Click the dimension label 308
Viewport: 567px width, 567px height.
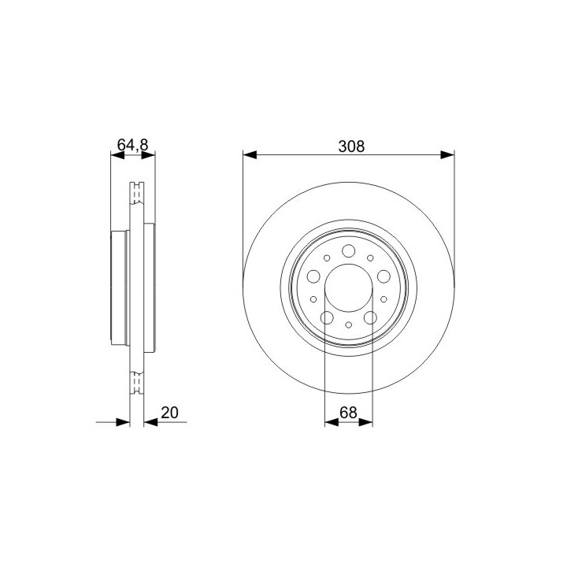[351, 146]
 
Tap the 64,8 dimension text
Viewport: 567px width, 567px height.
[133, 145]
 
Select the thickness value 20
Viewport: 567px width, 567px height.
[169, 413]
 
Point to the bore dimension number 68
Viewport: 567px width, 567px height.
[348, 413]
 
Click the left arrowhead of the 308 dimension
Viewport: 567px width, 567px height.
[250, 155]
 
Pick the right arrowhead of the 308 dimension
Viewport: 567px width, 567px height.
[447, 155]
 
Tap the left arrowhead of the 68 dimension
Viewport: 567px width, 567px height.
[332, 422]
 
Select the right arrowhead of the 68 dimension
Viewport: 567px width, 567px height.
[365, 422]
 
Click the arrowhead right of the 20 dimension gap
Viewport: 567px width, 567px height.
[150, 422]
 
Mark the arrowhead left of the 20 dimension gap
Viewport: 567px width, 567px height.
[123, 422]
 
